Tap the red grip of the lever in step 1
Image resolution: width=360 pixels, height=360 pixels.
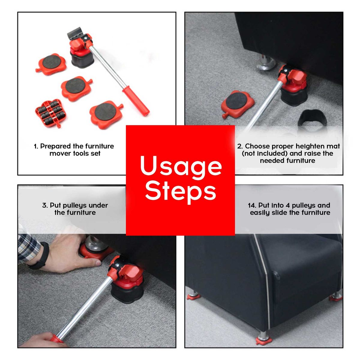[x=136, y=101]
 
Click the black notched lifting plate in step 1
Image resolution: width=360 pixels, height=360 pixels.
[x=75, y=33]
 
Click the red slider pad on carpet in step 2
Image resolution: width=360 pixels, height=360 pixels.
[x=237, y=104]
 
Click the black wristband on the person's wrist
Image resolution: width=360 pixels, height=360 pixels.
[x=40, y=256]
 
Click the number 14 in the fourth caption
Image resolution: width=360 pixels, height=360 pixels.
[x=252, y=205]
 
